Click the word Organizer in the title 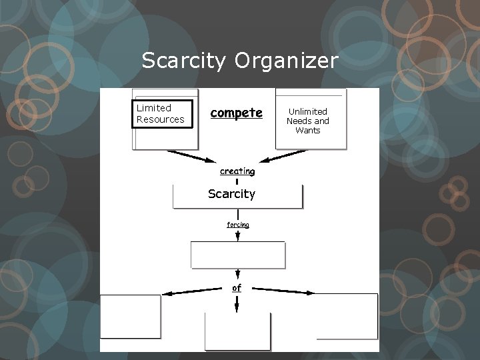pyautogui.click(x=287, y=62)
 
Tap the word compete pyautogui.click(x=236, y=113)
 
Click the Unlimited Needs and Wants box pyautogui.click(x=310, y=120)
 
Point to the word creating pyautogui.click(x=237, y=171)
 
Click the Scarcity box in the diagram pyautogui.click(x=237, y=195)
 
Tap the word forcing pyautogui.click(x=237, y=225)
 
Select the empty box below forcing pyautogui.click(x=238, y=255)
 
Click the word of pyautogui.click(x=237, y=288)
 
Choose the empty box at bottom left pyautogui.click(x=131, y=317)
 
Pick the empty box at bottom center pyautogui.click(x=237, y=331)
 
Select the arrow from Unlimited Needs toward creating pyautogui.click(x=283, y=156)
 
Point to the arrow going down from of pyautogui.click(x=237, y=304)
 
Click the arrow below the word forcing pyautogui.click(x=238, y=235)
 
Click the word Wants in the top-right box pyautogui.click(x=307, y=130)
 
